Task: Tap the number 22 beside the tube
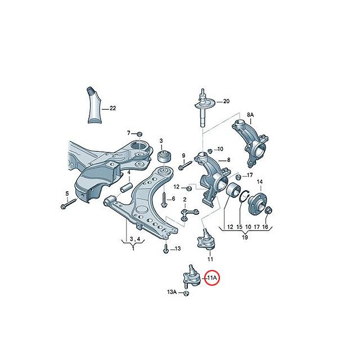112,108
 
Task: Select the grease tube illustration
94,105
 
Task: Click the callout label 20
226,101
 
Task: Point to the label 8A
250,115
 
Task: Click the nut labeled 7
139,134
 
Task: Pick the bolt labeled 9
185,165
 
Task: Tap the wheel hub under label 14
258,202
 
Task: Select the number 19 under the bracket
245,237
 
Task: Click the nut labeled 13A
186,293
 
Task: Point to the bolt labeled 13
166,248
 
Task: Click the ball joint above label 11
206,239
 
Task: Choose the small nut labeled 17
238,177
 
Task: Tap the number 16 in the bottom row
265,227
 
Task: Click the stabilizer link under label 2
189,214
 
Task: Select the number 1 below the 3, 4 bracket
133,249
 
